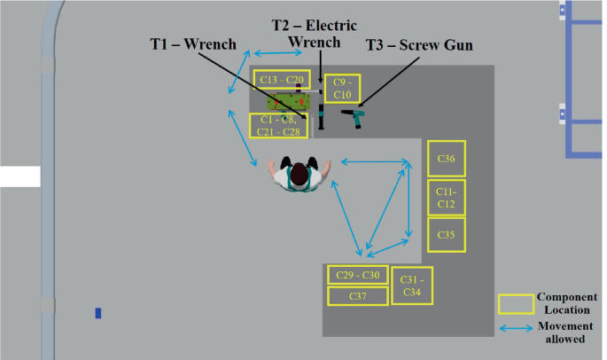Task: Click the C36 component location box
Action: pos(447,159)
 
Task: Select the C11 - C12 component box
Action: pos(447,198)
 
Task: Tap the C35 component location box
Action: pos(447,235)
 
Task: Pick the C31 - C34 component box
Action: pos(411,286)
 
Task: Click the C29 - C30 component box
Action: pos(358,275)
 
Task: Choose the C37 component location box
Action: pos(358,295)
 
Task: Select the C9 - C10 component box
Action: pos(342,88)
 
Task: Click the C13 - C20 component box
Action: pos(282,80)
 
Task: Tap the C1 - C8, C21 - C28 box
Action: pos(280,126)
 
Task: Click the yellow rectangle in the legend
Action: pos(516,304)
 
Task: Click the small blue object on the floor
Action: pos(98,313)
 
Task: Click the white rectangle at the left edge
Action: pos(19,176)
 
